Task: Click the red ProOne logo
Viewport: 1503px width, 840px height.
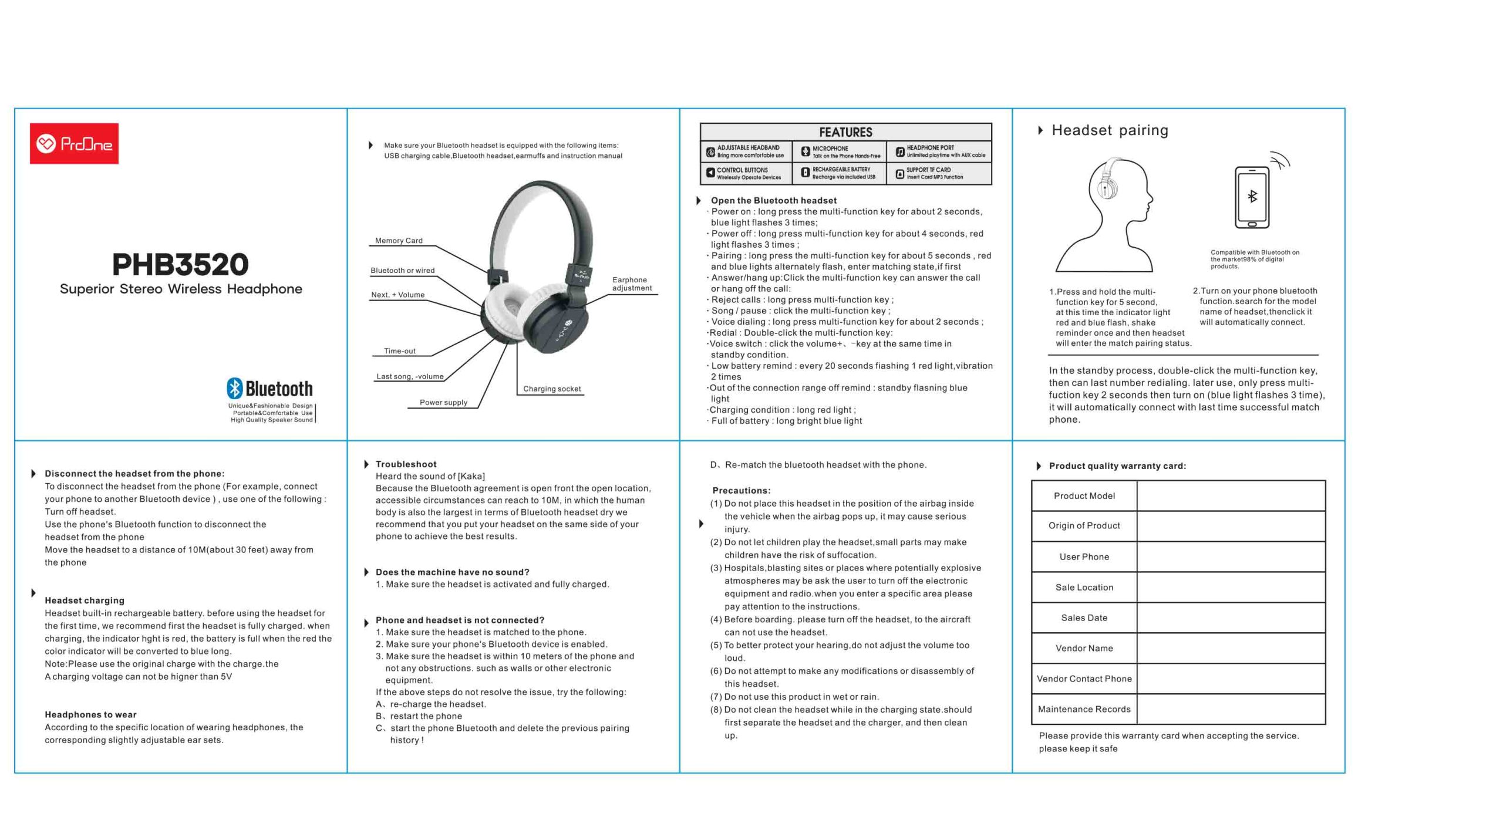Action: [x=74, y=143]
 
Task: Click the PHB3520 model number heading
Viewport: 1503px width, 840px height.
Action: [x=180, y=264]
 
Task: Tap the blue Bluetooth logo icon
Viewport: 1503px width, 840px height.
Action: [x=234, y=388]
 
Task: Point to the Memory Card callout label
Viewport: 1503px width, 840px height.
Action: [x=399, y=241]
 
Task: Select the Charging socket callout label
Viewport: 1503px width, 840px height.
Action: [x=551, y=389]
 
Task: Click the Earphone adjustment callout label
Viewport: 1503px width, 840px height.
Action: [x=631, y=284]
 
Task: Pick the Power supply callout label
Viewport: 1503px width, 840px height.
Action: [x=443, y=402]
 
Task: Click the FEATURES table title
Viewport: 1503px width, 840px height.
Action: [x=845, y=132]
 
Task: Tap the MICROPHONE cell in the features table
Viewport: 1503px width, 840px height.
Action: [x=840, y=152]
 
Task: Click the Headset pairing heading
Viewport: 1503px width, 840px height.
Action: [x=1109, y=130]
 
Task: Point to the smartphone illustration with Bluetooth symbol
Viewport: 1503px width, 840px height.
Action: [x=1252, y=197]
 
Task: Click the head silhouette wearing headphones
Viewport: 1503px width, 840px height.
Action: [x=1106, y=214]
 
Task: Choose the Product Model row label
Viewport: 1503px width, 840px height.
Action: [x=1084, y=495]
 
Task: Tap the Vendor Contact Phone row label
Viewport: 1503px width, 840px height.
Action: [x=1084, y=679]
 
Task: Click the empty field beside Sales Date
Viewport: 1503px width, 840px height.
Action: [x=1231, y=618]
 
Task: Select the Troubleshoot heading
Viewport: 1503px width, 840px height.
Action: [x=406, y=464]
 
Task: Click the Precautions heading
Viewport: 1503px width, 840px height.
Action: [x=741, y=490]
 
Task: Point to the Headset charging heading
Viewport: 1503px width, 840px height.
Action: [x=85, y=600]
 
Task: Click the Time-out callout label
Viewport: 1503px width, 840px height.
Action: [x=399, y=351]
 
